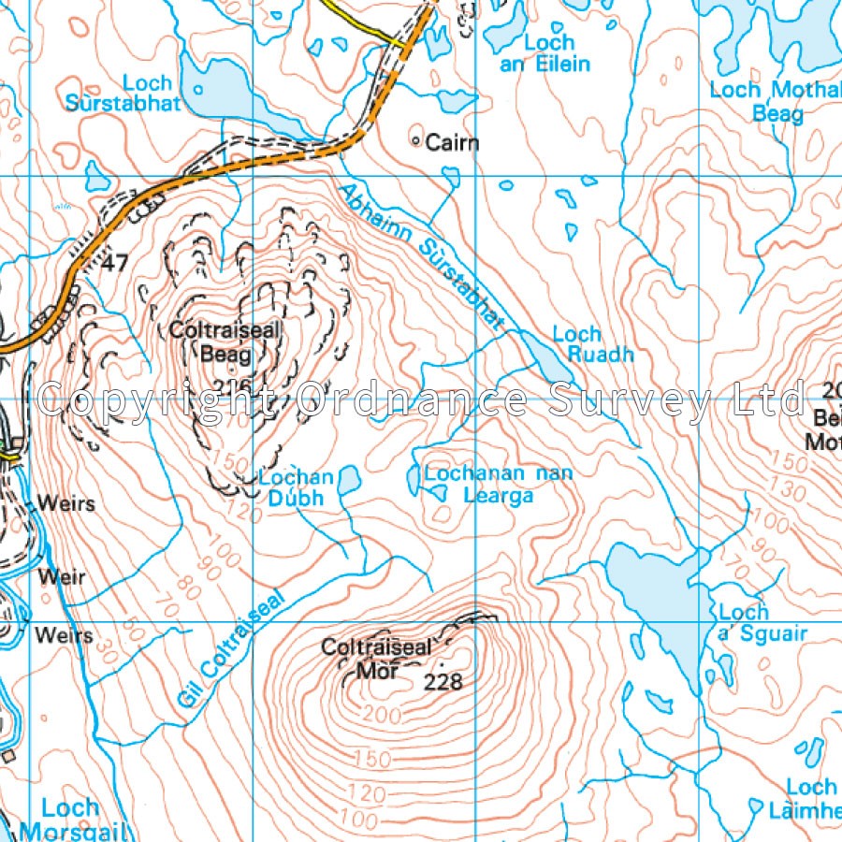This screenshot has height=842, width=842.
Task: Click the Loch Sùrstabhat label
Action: coord(123,94)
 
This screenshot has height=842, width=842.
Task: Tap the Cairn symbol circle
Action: coord(416,141)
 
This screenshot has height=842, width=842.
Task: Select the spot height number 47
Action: coord(115,264)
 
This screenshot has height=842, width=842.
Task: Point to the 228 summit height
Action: coord(443,682)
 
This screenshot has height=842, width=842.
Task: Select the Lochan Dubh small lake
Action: coord(349,481)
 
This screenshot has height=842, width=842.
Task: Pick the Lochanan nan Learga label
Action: coord(498,484)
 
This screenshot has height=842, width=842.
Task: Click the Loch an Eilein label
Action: coord(555,53)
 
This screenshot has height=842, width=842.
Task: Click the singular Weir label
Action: coord(61,577)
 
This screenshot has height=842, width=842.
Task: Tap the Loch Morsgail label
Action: coord(70,820)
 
